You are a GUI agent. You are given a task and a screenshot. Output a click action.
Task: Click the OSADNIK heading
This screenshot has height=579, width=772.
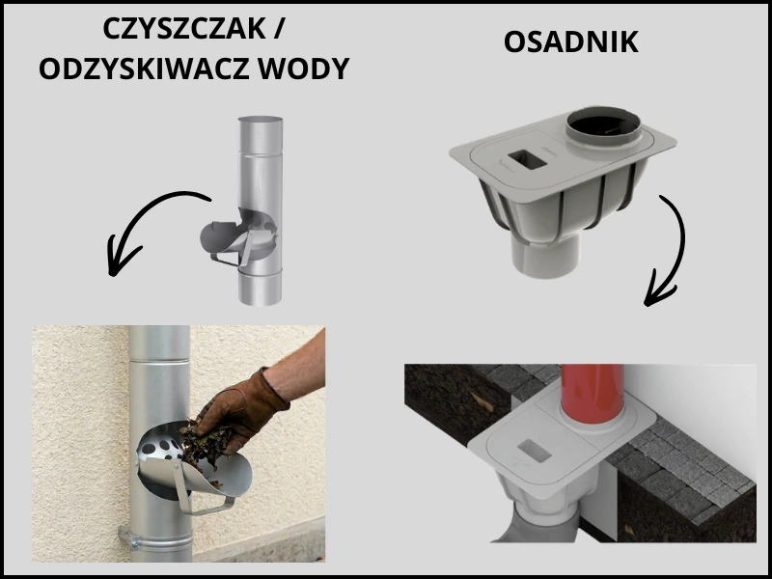tap(570, 42)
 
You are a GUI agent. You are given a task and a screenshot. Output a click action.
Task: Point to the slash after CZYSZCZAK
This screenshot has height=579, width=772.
tap(277, 30)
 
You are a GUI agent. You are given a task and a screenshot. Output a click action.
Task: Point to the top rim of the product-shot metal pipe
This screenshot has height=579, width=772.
tap(261, 120)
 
